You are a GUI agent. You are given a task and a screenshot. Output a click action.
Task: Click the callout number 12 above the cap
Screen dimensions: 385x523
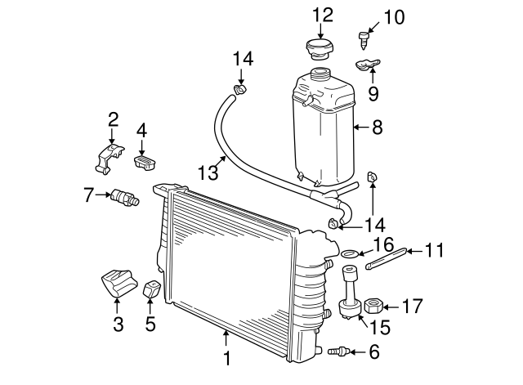(323, 14)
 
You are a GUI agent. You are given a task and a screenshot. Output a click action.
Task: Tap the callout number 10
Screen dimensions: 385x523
(394, 16)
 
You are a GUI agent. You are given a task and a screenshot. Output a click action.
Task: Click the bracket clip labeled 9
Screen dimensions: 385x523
(368, 65)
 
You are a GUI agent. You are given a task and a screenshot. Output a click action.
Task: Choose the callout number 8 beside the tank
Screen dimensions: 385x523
(377, 128)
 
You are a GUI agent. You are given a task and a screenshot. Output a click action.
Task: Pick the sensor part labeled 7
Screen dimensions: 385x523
(125, 198)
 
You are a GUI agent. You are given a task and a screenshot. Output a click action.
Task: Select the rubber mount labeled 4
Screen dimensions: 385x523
(144, 162)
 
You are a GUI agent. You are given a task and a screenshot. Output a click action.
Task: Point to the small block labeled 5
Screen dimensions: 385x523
(152, 290)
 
